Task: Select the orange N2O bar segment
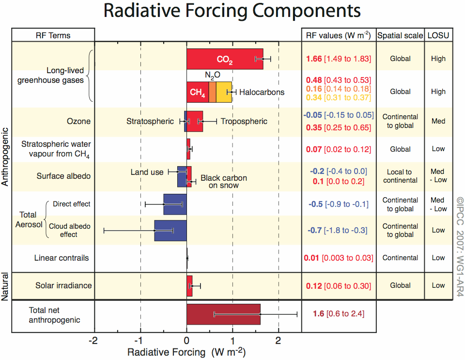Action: [x=213, y=92]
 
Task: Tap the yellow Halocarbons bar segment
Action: [x=223, y=92]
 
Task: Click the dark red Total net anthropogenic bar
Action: [x=223, y=314]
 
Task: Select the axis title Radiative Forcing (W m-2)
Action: [x=186, y=352]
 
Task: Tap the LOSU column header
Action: [x=438, y=35]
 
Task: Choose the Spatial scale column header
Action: [x=400, y=35]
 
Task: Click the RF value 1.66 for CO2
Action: [x=314, y=59]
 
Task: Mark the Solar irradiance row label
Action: [x=63, y=285]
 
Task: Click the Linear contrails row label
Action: [x=62, y=258]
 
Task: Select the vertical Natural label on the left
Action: [x=5, y=286]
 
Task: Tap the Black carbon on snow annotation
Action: [x=224, y=181]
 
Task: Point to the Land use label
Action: [x=147, y=172]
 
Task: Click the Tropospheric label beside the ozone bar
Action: [x=244, y=121]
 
